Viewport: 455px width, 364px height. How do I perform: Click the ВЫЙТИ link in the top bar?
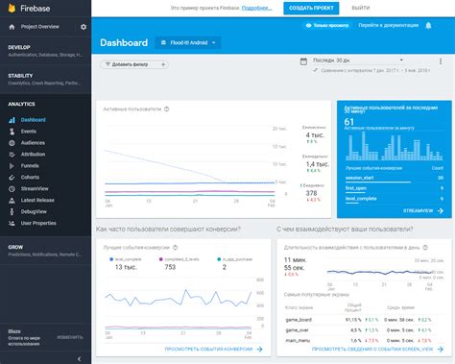point(360,8)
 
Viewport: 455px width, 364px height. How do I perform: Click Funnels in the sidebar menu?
point(30,164)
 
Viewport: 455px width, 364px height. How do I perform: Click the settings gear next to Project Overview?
point(83,27)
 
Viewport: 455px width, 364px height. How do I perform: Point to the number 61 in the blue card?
point(348,123)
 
